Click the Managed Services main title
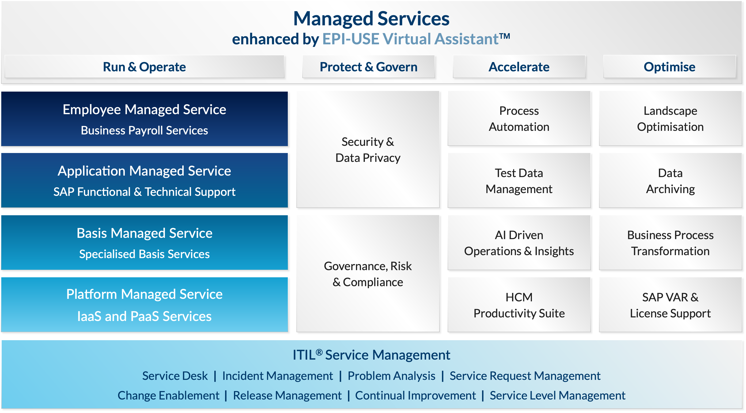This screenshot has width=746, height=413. pos(371,19)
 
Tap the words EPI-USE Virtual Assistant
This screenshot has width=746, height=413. pos(416,39)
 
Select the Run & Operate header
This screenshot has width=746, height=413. pos(144,67)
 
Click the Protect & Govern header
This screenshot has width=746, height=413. pos(368,67)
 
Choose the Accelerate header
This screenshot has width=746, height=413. pos(519,67)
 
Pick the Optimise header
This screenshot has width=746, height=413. pos(669,67)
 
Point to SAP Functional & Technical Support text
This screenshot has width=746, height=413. pos(144,192)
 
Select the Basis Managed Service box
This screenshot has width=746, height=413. pos(144,242)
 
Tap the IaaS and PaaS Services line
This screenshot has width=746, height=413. pos(144,316)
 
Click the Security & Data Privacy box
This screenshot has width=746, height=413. pos(368,149)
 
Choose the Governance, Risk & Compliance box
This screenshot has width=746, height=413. pos(368,274)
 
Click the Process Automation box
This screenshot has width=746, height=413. pos(519,118)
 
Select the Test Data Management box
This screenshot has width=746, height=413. pos(519,181)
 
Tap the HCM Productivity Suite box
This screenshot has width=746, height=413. pos(519,305)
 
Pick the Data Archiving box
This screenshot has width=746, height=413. pos(670,181)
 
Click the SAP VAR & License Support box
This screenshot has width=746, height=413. pos(670,305)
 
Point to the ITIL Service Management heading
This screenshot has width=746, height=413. pos(371,355)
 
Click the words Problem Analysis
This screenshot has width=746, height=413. pos(391,376)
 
